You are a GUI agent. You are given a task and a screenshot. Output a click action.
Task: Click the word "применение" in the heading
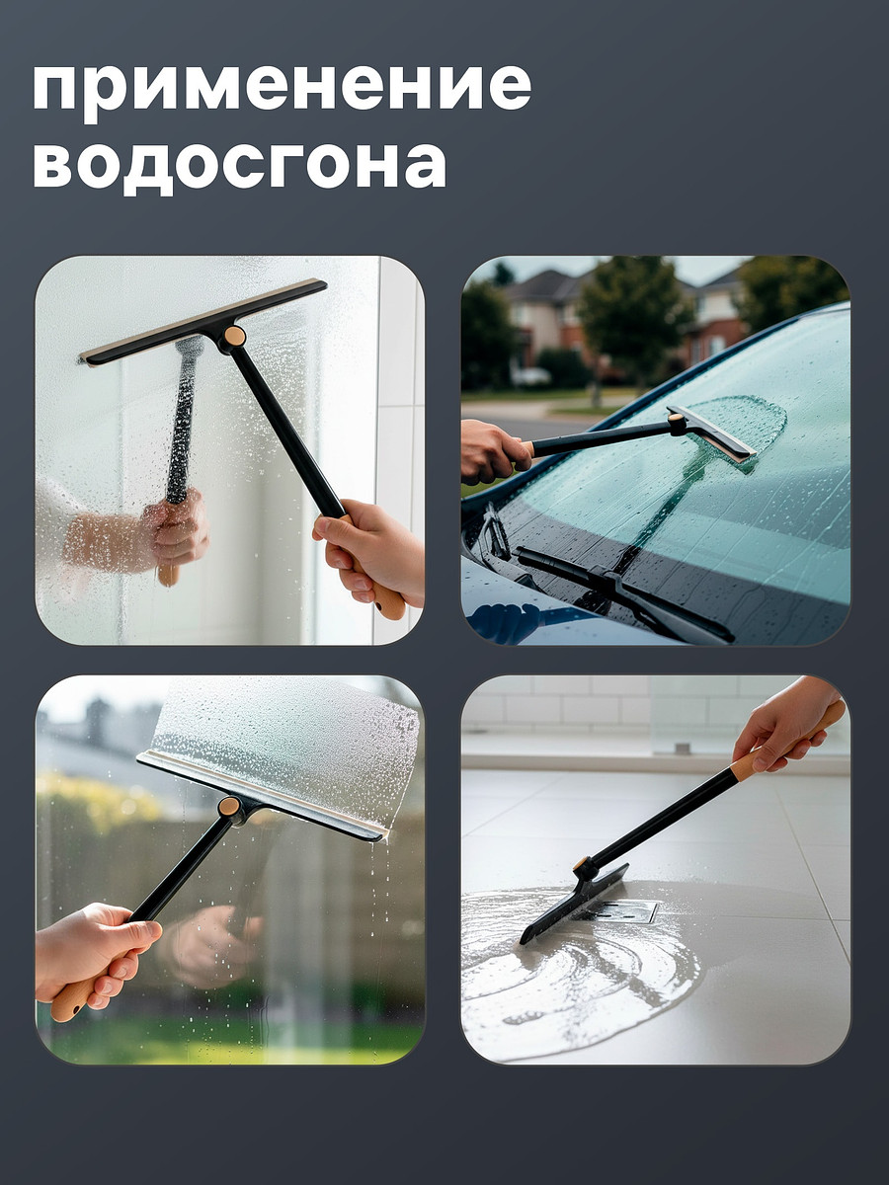283,92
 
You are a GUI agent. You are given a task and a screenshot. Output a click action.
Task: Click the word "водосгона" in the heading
240,165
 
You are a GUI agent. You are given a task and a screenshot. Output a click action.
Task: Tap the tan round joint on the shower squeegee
235,337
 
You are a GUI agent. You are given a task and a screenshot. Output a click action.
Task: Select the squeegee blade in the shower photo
203,322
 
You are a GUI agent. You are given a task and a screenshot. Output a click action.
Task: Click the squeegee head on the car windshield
711,434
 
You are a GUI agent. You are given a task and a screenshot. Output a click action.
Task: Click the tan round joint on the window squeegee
229,807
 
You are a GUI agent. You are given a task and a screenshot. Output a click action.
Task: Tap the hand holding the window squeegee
95,953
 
